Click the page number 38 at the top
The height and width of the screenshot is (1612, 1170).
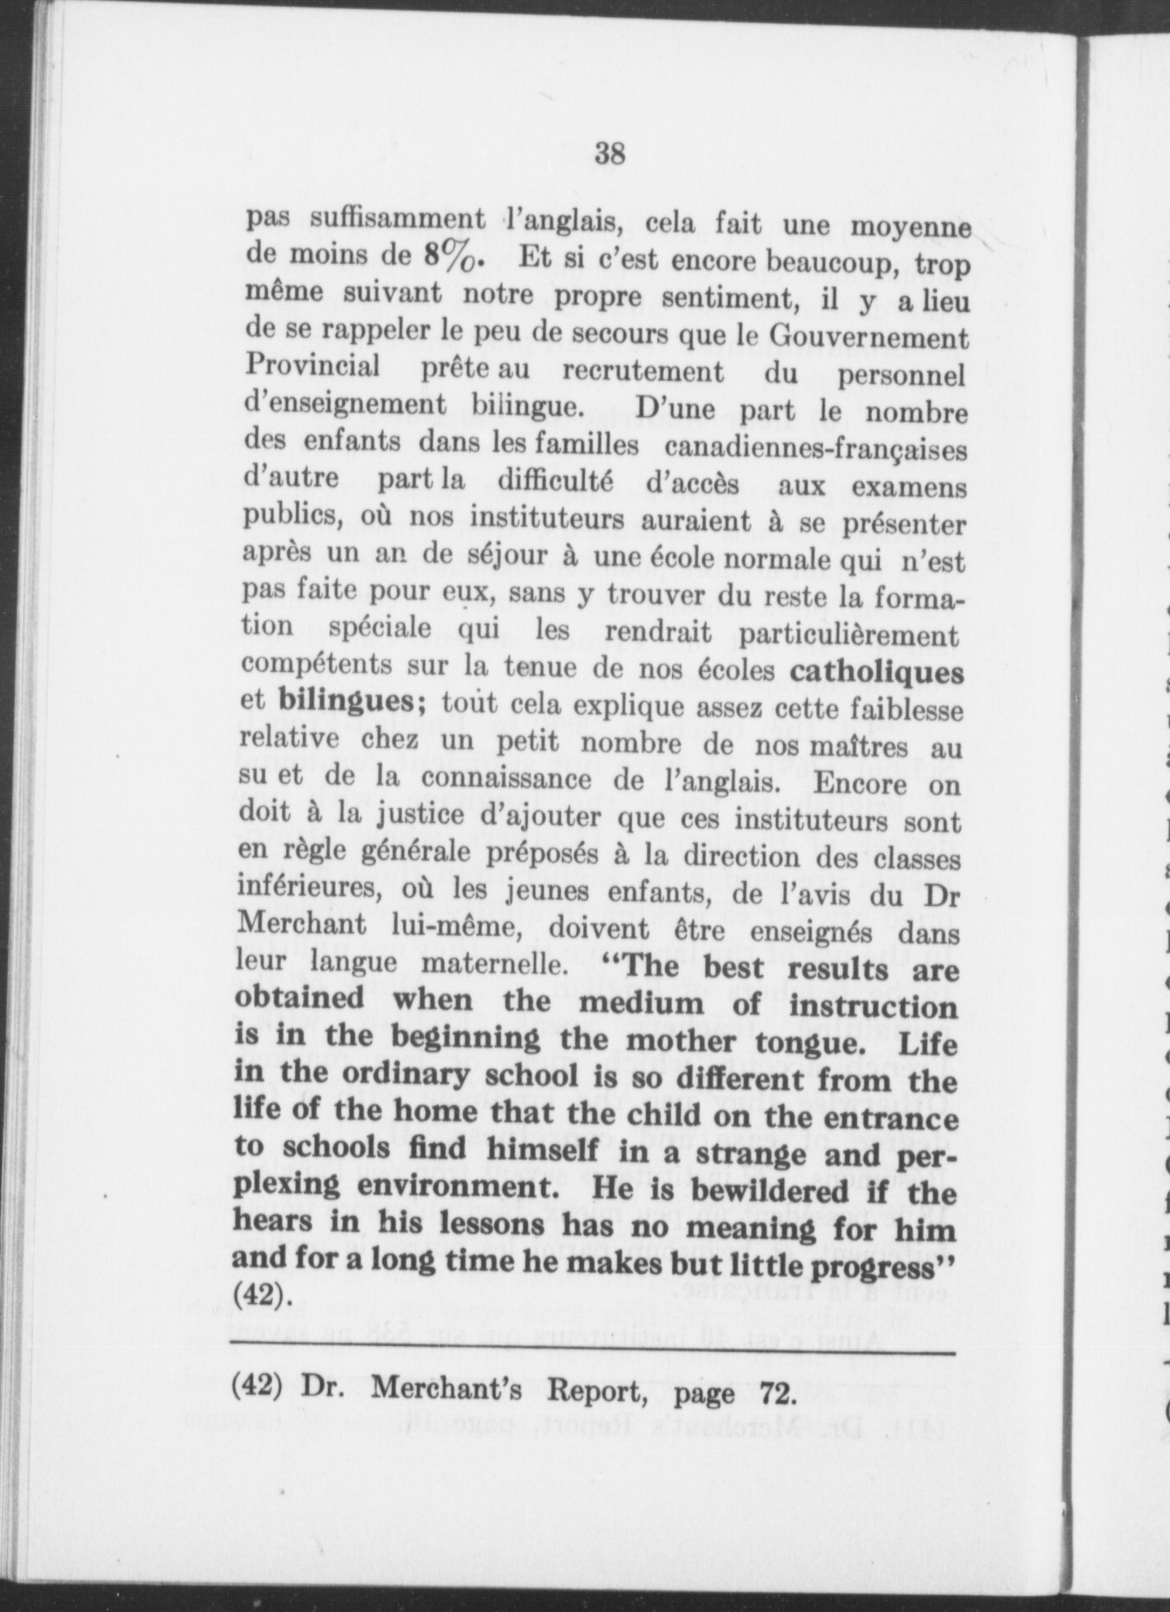[x=609, y=153]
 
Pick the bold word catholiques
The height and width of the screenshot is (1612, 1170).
[x=877, y=673]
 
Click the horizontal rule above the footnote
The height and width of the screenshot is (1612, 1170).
[x=591, y=1353]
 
